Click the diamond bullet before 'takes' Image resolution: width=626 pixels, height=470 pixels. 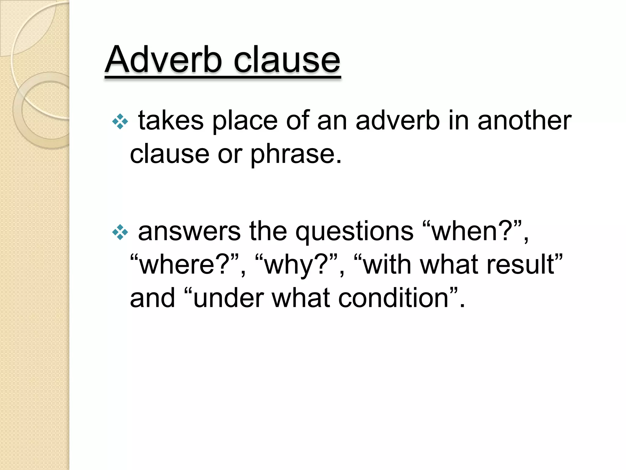pyautogui.click(x=120, y=122)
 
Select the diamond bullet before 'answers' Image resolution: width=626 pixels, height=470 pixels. pyautogui.click(x=120, y=233)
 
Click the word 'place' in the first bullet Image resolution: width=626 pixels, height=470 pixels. pyautogui.click(x=245, y=121)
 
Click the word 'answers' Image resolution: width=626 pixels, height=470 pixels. pyautogui.click(x=189, y=232)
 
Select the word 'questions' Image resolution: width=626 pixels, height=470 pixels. pyautogui.click(x=354, y=232)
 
